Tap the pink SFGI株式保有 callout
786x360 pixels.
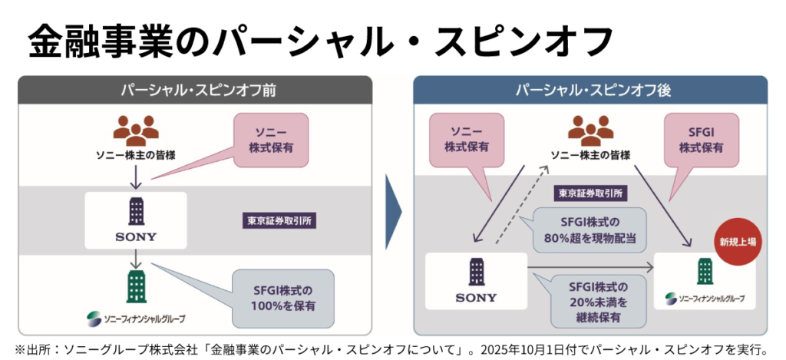pyautogui.click(x=700, y=137)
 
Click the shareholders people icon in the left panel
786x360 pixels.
pyautogui.click(x=135, y=130)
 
